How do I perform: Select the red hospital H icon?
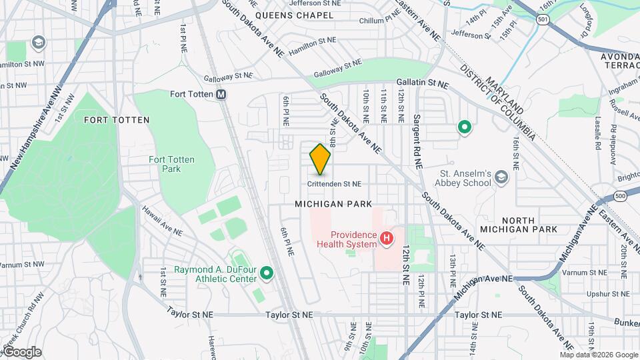pos(385,237)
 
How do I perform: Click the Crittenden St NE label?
pos(334,183)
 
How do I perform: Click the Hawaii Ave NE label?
pos(161,221)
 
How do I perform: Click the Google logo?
pos(21,352)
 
